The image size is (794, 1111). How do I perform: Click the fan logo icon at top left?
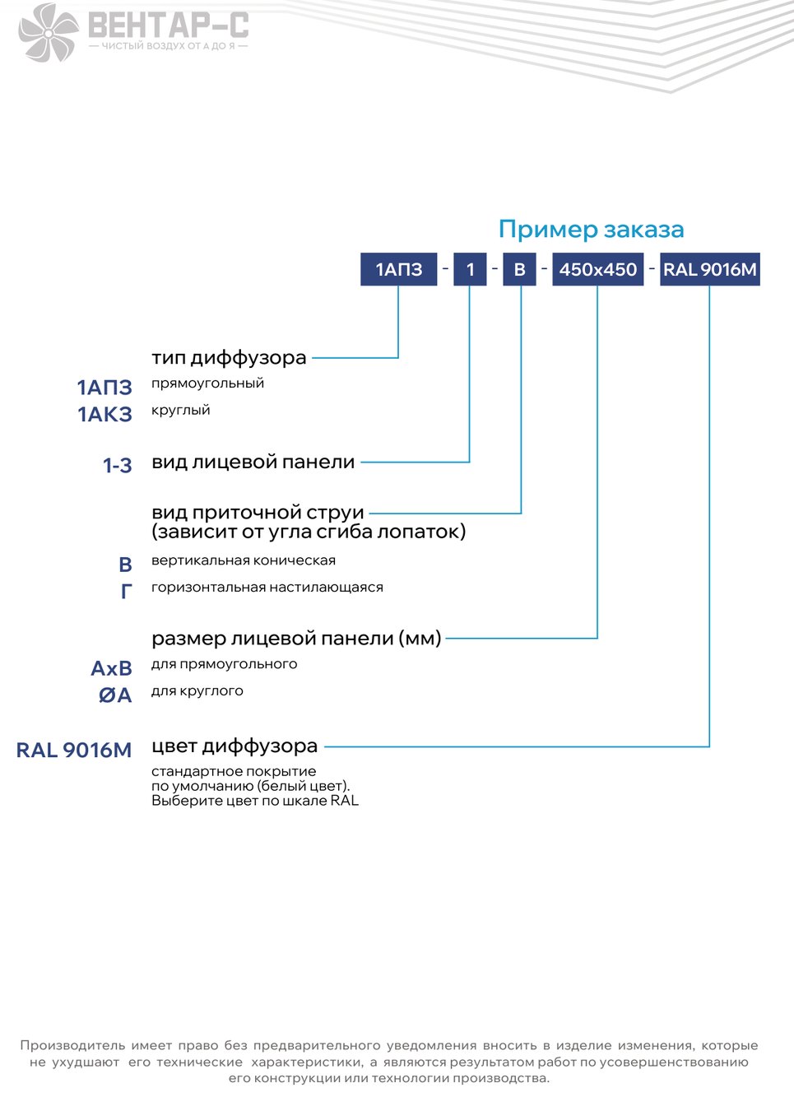pyautogui.click(x=48, y=33)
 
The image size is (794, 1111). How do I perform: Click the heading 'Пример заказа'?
pyautogui.click(x=591, y=230)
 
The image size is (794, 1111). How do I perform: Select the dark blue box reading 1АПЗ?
pyautogui.click(x=399, y=269)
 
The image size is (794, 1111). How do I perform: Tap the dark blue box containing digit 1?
pyautogui.click(x=470, y=269)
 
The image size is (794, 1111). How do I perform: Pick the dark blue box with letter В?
pyautogui.click(x=519, y=269)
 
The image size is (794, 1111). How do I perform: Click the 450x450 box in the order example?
pyautogui.click(x=598, y=269)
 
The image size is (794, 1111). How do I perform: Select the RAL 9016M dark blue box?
pyautogui.click(x=710, y=269)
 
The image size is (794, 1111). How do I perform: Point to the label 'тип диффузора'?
pyautogui.click(x=229, y=358)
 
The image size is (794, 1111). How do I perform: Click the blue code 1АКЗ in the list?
pyautogui.click(x=104, y=414)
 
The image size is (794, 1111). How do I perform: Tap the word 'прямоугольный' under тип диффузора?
pyautogui.click(x=207, y=384)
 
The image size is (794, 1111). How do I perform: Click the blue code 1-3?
pyautogui.click(x=117, y=465)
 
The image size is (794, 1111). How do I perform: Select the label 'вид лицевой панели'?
pyautogui.click(x=253, y=463)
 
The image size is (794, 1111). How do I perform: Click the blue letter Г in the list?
pyautogui.click(x=127, y=591)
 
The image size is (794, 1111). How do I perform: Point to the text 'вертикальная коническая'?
pyautogui.click(x=244, y=560)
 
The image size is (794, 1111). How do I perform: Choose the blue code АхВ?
pyautogui.click(x=111, y=668)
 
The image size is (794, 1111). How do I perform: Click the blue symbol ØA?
pyautogui.click(x=115, y=695)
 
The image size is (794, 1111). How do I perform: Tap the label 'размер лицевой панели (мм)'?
pyautogui.click(x=296, y=639)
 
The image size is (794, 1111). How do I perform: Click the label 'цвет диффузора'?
pyautogui.click(x=234, y=746)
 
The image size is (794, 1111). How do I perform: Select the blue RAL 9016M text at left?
pyautogui.click(x=74, y=750)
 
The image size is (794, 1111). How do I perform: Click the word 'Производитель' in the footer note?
pyautogui.click(x=72, y=1045)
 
